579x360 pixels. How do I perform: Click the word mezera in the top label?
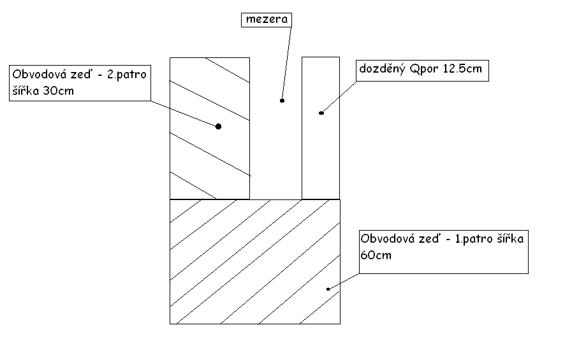coord(267,20)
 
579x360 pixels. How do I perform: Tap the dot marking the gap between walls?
coord(281,100)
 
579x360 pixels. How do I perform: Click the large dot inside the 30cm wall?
coord(218,126)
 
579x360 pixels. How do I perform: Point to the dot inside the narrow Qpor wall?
coord(321,113)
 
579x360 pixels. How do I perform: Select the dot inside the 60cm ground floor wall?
coord(328,289)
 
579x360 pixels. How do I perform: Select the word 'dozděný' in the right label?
coord(381,69)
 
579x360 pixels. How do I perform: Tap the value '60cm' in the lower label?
coord(376,255)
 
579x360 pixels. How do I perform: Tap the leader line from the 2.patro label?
coord(185,113)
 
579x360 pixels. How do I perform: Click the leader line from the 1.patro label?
coord(344,280)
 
